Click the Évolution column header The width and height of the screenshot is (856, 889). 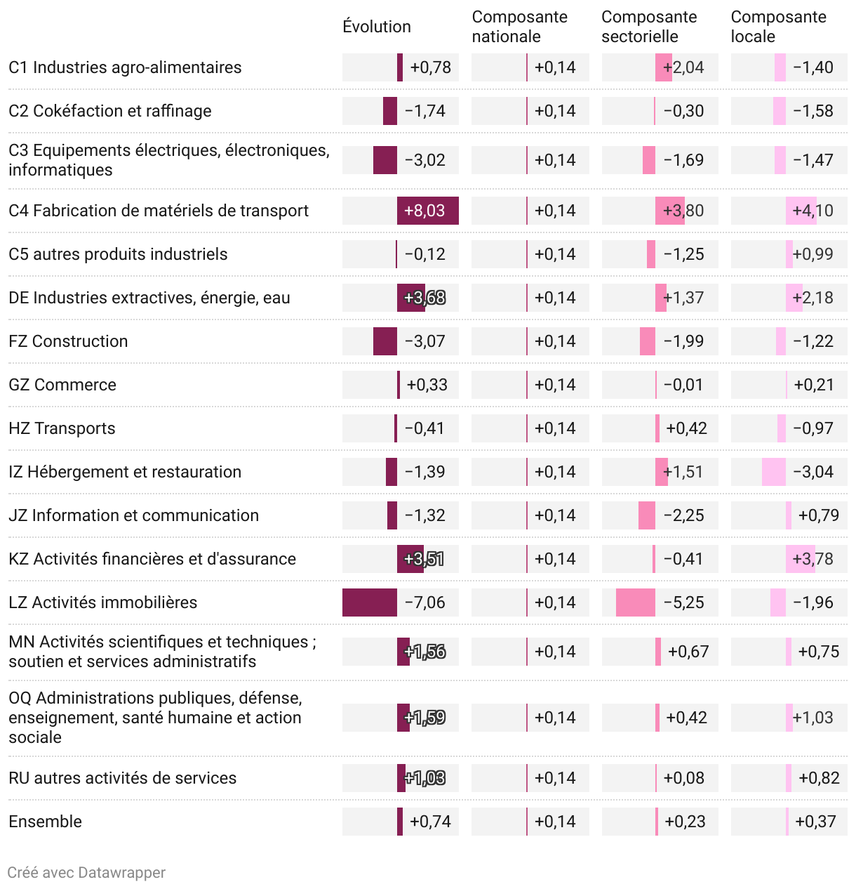tap(377, 27)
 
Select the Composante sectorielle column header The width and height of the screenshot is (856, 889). tap(649, 27)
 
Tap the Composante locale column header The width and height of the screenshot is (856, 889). tap(778, 27)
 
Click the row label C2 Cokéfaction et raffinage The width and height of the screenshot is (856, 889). tap(110, 111)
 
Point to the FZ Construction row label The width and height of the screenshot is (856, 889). tap(68, 341)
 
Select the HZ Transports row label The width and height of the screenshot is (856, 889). tap(62, 428)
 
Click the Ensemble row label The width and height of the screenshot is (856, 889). tap(45, 822)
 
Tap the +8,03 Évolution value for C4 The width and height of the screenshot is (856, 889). tap(424, 211)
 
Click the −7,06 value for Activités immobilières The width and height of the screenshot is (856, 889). tap(424, 602)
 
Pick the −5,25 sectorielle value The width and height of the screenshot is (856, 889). tap(683, 602)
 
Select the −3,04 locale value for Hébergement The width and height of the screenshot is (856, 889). tap(812, 472)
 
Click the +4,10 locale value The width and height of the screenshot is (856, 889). tap(812, 211)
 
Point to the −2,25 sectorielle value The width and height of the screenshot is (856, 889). tap(683, 515)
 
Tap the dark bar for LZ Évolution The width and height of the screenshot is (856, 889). tap(370, 602)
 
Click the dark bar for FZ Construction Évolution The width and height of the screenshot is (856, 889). tap(385, 341)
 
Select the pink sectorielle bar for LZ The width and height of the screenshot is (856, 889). tap(636, 602)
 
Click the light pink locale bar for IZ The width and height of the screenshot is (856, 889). tap(774, 472)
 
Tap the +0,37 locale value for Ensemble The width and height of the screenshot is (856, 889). tap(815, 822)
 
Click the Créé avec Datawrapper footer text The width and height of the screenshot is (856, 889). tap(86, 873)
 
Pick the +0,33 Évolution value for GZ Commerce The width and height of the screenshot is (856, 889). tap(427, 385)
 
